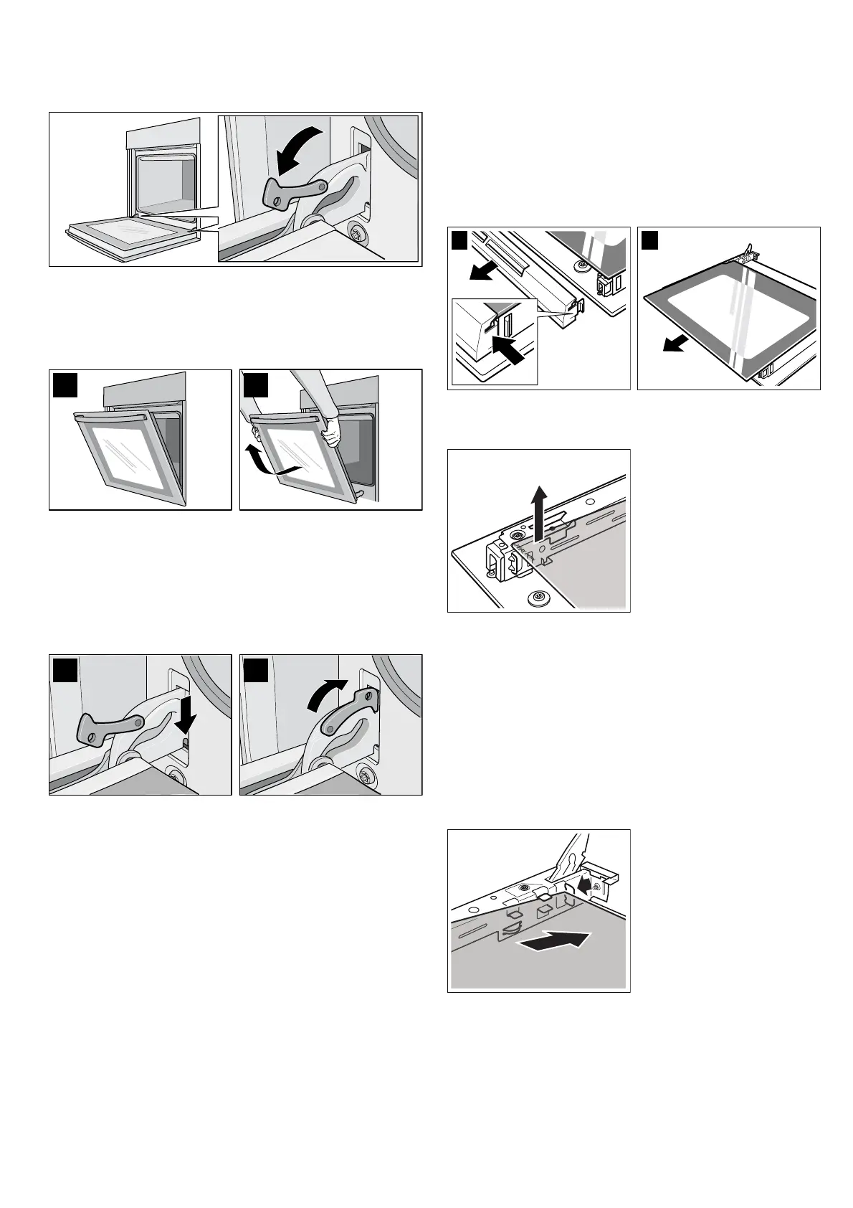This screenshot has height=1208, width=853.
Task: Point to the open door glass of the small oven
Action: (x=135, y=227)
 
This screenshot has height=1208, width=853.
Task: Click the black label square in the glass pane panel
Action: (x=649, y=240)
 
